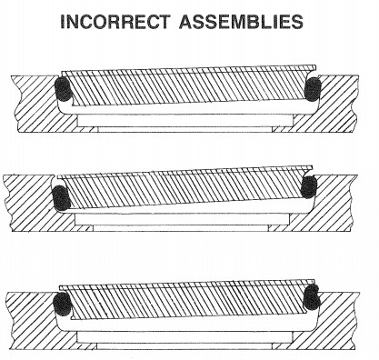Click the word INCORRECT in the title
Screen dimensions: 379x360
(115, 22)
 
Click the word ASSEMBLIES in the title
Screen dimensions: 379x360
(241, 22)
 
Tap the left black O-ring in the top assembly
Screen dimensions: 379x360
(63, 89)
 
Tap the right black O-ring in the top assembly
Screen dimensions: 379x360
(313, 89)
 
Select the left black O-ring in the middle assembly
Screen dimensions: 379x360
(61, 198)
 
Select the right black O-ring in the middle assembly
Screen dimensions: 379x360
(308, 187)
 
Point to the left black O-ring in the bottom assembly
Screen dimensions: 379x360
(62, 304)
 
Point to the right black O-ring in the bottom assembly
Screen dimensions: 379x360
(312, 297)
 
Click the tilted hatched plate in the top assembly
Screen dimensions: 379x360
(188, 87)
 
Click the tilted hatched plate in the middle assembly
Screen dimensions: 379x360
(184, 187)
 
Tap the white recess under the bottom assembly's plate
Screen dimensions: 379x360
(185, 337)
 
